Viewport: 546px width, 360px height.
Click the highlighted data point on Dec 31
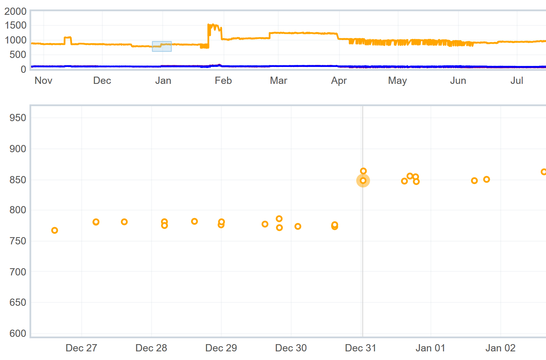click(x=363, y=181)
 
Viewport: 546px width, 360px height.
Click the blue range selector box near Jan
click(x=162, y=46)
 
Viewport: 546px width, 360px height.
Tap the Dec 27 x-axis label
click(x=81, y=348)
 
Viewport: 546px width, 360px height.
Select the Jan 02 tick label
click(x=500, y=348)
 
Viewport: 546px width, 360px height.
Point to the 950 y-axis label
click(x=18, y=118)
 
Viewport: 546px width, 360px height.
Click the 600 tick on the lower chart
click(x=18, y=333)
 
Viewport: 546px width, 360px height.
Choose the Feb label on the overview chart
click(x=223, y=81)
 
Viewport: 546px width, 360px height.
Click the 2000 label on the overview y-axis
click(x=16, y=11)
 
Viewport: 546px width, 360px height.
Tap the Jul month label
click(x=517, y=81)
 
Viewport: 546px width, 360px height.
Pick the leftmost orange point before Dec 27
click(x=54, y=230)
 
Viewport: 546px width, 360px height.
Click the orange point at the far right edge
click(x=544, y=172)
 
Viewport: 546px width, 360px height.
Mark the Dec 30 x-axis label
click(x=291, y=348)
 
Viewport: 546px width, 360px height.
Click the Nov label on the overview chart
click(x=43, y=81)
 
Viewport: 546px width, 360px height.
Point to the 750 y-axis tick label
click(x=18, y=241)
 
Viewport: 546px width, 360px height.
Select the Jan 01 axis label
click(x=430, y=348)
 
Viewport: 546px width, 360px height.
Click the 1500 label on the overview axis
click(x=16, y=25)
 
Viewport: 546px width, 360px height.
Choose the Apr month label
click(x=339, y=81)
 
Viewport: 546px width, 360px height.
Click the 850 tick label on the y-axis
click(x=18, y=180)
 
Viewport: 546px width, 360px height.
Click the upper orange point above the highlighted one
click(x=363, y=171)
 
